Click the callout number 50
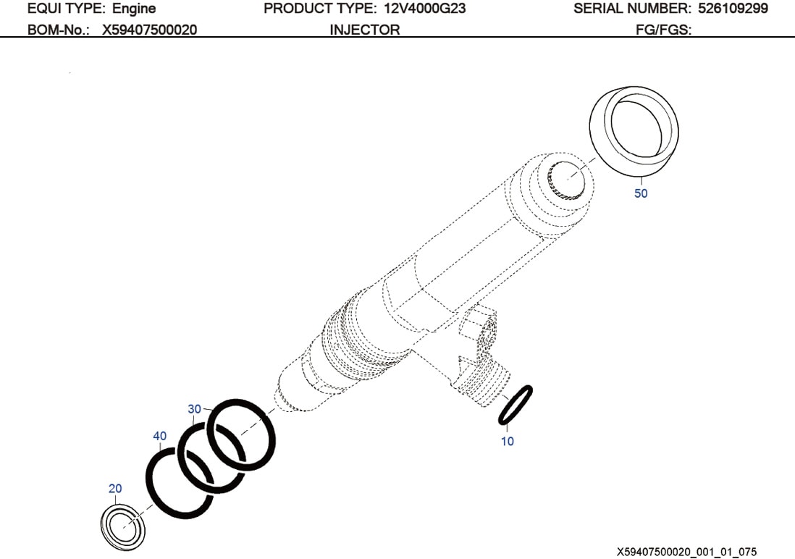tap(641, 193)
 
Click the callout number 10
tap(508, 441)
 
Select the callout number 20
tap(115, 488)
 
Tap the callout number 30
tap(194, 409)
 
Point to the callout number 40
tap(159, 436)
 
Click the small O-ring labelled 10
tap(516, 405)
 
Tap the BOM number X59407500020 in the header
tap(149, 30)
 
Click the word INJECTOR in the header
tap(364, 30)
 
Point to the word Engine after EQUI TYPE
tap(134, 9)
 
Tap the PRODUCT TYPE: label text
tap(319, 9)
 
